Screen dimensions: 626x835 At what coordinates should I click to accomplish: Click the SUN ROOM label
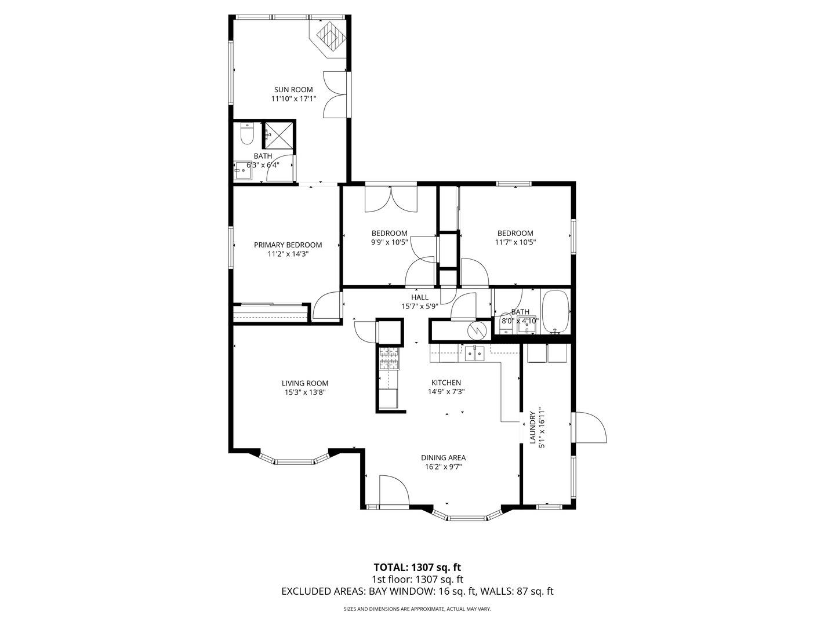[x=293, y=90]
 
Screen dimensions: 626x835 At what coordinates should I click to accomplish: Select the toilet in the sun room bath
[x=246, y=134]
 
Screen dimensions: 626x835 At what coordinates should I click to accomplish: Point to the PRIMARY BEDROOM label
[x=288, y=245]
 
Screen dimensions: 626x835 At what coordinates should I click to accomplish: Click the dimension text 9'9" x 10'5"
[x=389, y=242]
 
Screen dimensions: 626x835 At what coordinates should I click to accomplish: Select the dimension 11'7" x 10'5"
[x=515, y=242]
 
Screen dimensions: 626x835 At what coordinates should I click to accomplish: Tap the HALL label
[x=420, y=297]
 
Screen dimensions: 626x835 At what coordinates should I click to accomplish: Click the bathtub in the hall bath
[x=556, y=312]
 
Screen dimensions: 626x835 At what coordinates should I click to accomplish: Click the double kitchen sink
[x=474, y=352]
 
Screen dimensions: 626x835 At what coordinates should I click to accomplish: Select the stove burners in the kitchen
[x=389, y=358]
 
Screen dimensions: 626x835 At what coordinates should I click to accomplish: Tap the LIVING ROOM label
[x=305, y=383]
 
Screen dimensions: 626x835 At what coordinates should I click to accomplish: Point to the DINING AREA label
[x=443, y=457]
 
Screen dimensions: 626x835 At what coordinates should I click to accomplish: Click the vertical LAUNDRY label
[x=532, y=428]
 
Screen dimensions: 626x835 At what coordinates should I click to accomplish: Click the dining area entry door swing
[x=394, y=490]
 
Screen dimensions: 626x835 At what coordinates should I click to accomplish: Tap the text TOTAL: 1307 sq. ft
[x=418, y=567]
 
